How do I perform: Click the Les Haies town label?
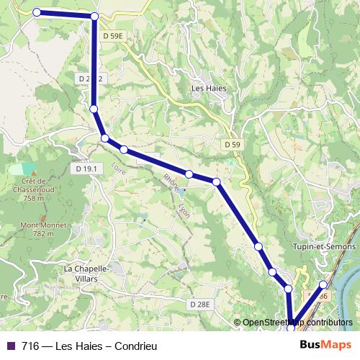tap(209, 89)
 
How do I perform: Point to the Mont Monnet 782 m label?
tap(38, 229)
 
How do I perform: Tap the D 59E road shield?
tap(114, 35)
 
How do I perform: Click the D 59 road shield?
tap(231, 144)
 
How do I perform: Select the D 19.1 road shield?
tap(85, 168)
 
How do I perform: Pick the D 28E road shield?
tap(201, 305)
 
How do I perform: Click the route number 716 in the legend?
tap(30, 346)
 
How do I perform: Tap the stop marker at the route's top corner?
tap(95, 16)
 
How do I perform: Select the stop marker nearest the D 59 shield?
tap(216, 181)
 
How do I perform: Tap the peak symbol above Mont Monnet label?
tap(42, 217)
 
